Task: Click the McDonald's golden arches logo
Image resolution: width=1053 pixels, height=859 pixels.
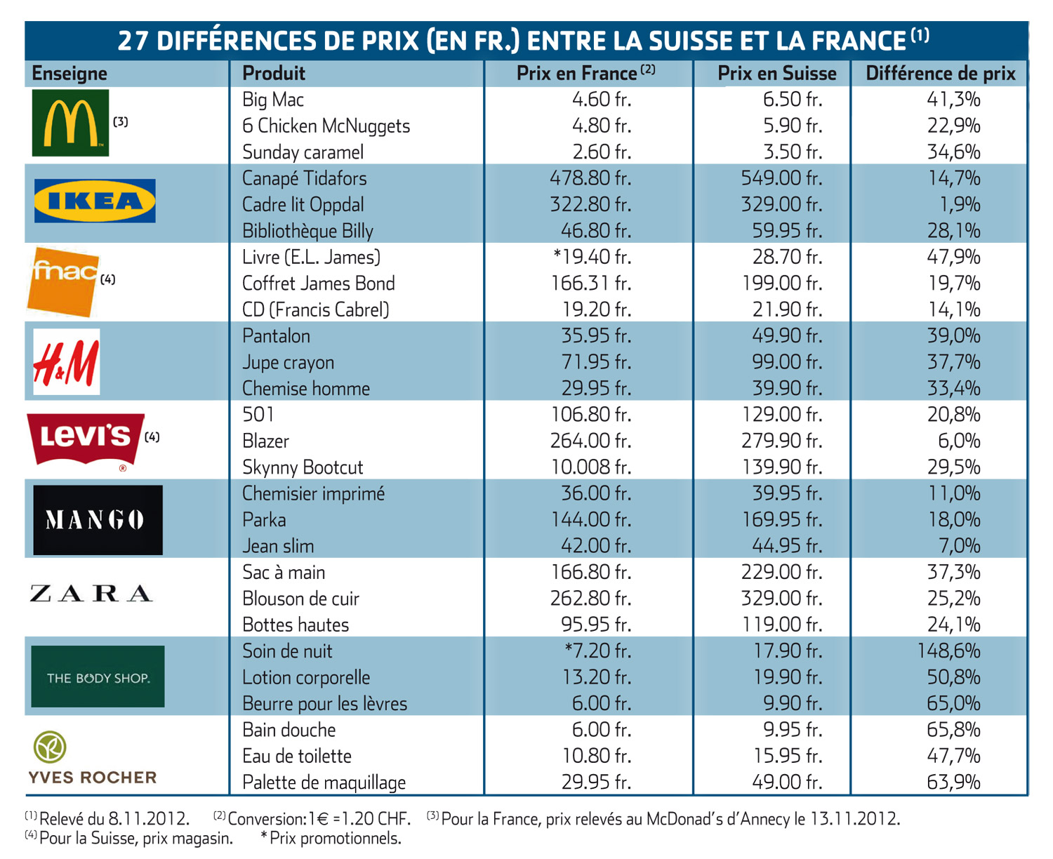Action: pyautogui.click(x=70, y=123)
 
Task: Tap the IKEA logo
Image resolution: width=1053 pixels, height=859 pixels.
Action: pyautogui.click(x=95, y=201)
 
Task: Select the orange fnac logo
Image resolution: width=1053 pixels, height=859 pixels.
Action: pyautogui.click(x=63, y=282)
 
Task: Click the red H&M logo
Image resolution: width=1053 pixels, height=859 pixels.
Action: pyautogui.click(x=67, y=362)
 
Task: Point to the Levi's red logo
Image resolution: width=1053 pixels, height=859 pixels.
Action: pyautogui.click(x=86, y=439)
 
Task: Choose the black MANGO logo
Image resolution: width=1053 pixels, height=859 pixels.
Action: pyautogui.click(x=98, y=520)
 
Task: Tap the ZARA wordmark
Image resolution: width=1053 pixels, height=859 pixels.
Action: pyautogui.click(x=91, y=594)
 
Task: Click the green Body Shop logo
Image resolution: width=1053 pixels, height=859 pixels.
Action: pyautogui.click(x=98, y=677)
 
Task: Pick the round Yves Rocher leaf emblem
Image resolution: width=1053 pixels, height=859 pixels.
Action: pyautogui.click(x=49, y=747)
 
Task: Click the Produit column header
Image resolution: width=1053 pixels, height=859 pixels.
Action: pyautogui.click(x=274, y=74)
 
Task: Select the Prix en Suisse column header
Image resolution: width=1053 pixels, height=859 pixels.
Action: pyautogui.click(x=777, y=74)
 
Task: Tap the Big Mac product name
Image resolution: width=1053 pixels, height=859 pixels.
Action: pyautogui.click(x=272, y=100)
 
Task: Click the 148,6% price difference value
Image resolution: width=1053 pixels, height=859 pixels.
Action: pyautogui.click(x=948, y=651)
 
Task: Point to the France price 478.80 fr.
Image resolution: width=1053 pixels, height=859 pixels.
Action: pyautogui.click(x=590, y=178)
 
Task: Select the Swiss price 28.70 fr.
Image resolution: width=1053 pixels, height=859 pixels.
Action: pyautogui.click(x=788, y=257)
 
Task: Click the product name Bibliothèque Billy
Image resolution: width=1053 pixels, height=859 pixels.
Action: pyautogui.click(x=307, y=231)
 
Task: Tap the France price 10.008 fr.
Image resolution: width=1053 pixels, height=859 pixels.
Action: pyautogui.click(x=591, y=467)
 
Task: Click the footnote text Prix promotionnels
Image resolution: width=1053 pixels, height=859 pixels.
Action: pyautogui.click(x=336, y=839)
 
